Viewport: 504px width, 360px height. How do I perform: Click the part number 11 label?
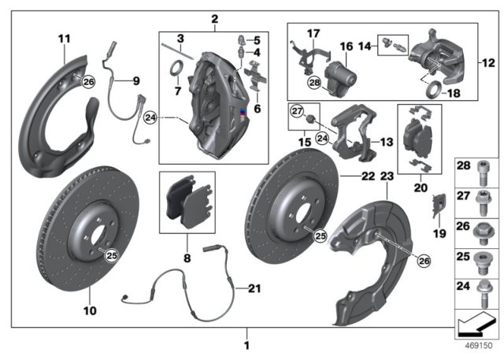(64, 38)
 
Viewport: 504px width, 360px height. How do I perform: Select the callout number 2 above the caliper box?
(214, 18)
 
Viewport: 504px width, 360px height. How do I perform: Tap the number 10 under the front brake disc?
(91, 311)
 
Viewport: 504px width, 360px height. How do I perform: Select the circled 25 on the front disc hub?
(111, 254)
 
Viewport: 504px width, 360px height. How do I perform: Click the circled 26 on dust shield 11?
(87, 81)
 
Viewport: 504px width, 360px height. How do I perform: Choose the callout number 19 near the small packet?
(439, 232)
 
